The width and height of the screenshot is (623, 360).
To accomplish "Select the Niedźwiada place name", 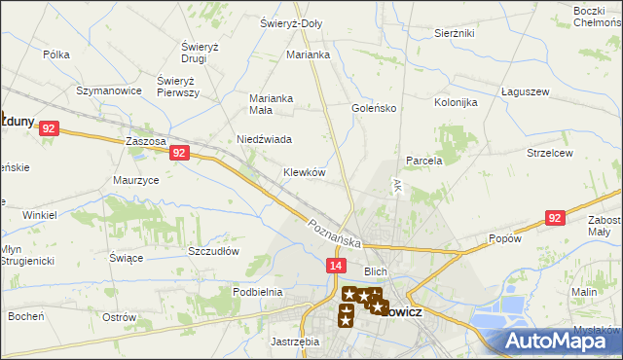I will tap(265, 139).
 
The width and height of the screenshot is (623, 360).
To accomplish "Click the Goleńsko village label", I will tap(373, 108).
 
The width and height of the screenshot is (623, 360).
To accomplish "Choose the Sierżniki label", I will tap(454, 32).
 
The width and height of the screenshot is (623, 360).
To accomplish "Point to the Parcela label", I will tap(423, 161).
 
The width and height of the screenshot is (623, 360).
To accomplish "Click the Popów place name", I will tap(506, 238).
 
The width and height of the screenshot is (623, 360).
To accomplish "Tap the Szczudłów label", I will tap(213, 250).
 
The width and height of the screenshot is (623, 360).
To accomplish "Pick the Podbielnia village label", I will tap(257, 291).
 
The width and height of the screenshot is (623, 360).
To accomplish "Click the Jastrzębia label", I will tap(294, 342).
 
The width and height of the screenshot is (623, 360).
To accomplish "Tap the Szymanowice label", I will tap(110, 90).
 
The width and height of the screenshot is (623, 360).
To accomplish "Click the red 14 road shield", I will tap(335, 265).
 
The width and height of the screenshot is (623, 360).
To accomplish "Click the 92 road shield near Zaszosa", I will tap(178, 153).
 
